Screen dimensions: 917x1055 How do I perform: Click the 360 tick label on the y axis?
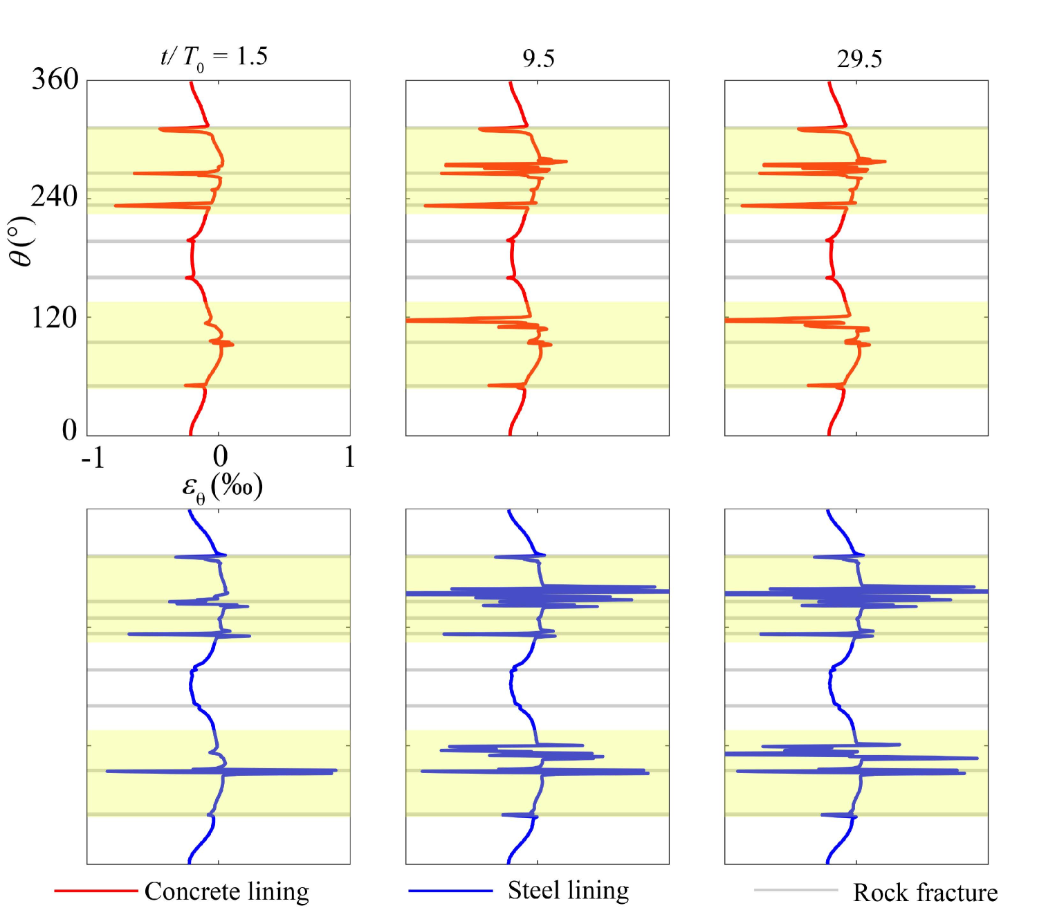tap(55, 80)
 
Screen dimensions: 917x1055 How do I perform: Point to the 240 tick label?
tap(55, 197)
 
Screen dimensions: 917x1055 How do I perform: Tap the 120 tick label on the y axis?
tap(55, 318)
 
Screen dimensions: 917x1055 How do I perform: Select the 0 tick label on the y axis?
tap(69, 430)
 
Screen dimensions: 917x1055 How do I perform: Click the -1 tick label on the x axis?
tap(93, 457)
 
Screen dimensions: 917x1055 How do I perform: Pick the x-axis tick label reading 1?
tap(349, 457)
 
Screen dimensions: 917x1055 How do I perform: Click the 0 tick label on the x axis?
tap(220, 457)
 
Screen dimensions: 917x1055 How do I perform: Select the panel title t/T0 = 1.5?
tap(214, 57)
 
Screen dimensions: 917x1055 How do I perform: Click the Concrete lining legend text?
tap(227, 891)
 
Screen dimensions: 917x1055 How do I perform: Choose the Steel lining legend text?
tap(568, 891)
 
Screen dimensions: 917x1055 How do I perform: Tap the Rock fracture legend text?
tap(925, 893)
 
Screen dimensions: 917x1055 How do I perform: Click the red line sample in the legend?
tap(96, 891)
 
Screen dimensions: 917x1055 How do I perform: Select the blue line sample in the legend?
tap(450, 891)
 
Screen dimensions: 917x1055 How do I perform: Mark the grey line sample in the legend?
tap(796, 890)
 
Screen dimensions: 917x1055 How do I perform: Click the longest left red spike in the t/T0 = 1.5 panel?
tap(116, 206)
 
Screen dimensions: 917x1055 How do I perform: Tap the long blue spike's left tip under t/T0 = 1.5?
tap(107, 771)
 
